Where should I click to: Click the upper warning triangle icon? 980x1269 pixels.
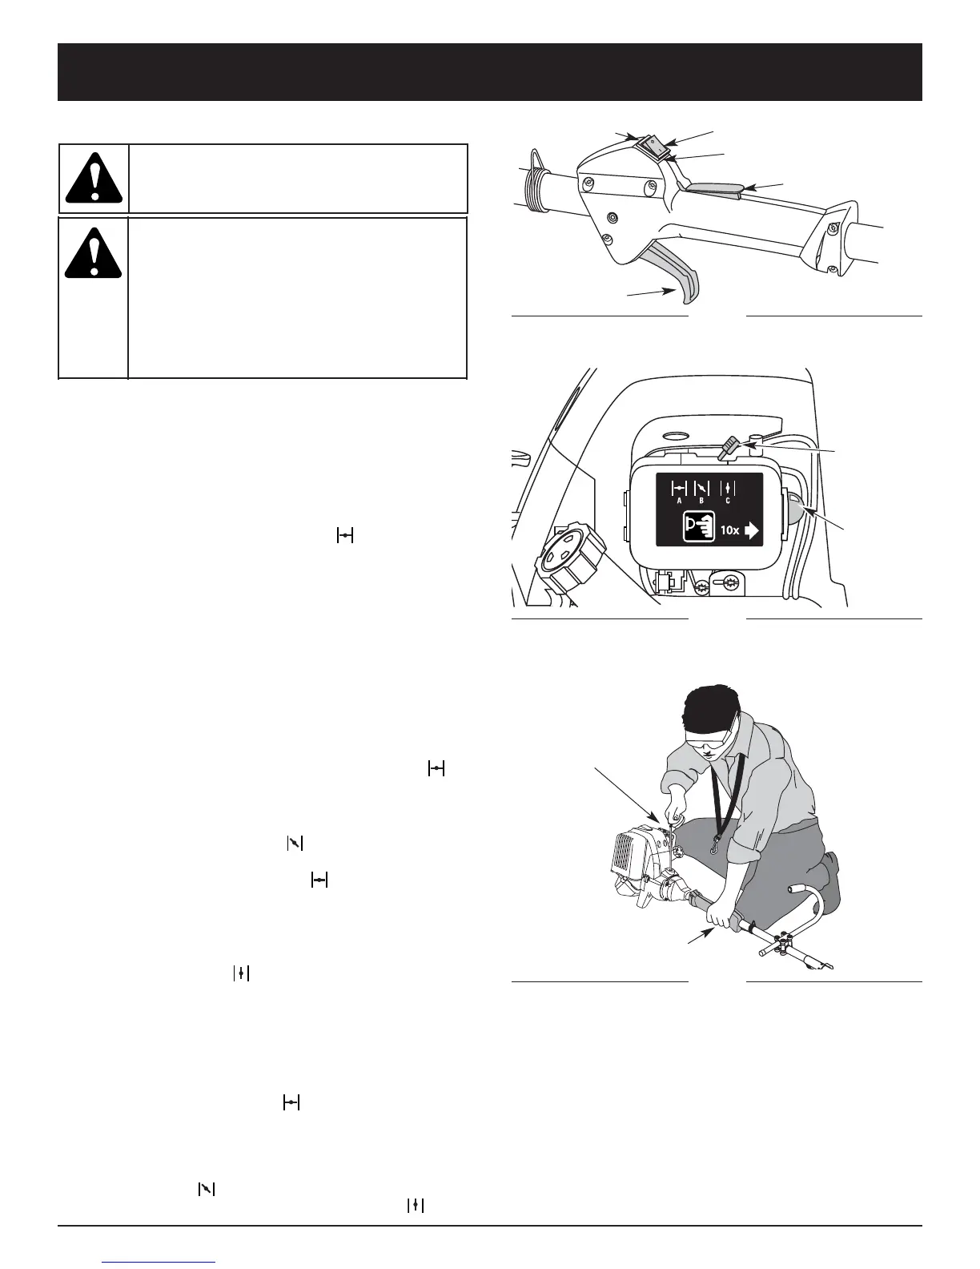94,178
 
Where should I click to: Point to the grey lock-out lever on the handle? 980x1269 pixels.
713,188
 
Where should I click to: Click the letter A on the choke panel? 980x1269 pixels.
679,501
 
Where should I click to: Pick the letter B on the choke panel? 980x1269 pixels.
702,501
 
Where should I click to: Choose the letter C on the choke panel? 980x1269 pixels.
727,501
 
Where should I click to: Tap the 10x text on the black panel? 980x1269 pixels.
729,530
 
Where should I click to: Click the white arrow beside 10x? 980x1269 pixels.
751,530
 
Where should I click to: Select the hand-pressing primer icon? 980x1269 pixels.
697,530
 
